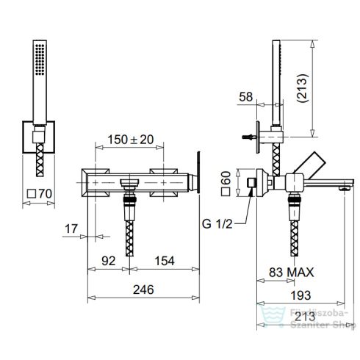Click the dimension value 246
(x=144, y=289)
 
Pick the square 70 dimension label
(x=38, y=195)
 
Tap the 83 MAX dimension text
(x=291, y=273)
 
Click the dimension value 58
(x=248, y=96)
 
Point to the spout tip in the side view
(x=342, y=189)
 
